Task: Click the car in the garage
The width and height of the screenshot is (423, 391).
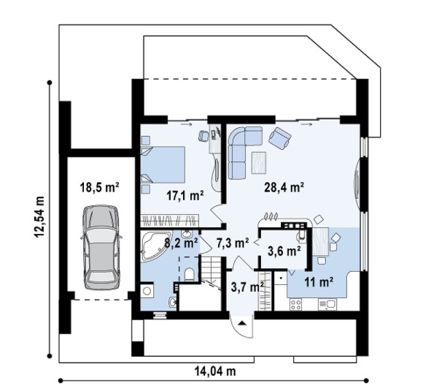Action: (x=101, y=247)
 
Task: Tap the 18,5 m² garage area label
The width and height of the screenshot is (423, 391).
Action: (x=99, y=187)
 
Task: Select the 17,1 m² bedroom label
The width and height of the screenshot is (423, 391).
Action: (x=185, y=196)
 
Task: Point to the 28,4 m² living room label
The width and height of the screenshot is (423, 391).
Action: (x=284, y=187)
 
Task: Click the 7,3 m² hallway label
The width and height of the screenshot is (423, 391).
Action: (x=233, y=243)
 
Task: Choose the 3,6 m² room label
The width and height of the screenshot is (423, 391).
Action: (x=284, y=251)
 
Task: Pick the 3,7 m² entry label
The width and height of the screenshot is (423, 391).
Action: (x=247, y=287)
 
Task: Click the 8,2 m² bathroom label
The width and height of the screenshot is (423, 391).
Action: (x=181, y=243)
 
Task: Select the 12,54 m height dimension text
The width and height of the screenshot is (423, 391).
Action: (x=39, y=216)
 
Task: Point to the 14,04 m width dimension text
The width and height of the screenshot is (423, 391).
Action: (x=215, y=371)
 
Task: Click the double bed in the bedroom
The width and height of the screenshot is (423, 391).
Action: (x=163, y=164)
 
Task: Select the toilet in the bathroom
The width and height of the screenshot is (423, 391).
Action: (x=189, y=275)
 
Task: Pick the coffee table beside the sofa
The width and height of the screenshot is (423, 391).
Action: (x=259, y=162)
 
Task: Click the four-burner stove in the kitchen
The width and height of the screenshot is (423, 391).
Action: (x=295, y=305)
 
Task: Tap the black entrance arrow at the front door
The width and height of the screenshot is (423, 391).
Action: (x=242, y=322)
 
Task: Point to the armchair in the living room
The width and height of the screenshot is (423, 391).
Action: (x=280, y=138)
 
